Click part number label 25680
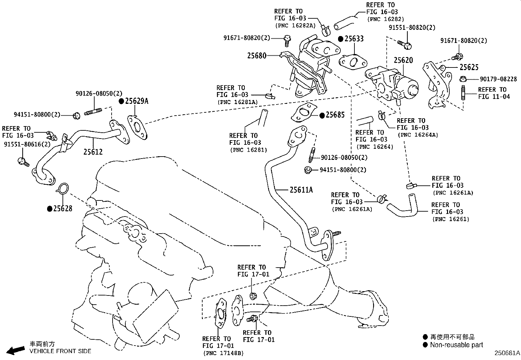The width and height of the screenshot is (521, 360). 257,56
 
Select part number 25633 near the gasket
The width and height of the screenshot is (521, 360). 353,39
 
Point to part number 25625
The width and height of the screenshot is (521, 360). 469,67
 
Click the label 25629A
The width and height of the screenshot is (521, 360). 136,101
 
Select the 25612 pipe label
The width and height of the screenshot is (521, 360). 93,152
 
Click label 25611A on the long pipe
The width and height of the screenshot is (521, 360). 301,189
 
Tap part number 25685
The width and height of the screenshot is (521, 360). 335,115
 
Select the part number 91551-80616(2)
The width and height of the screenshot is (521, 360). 27,144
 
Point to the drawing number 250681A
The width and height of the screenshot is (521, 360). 507,353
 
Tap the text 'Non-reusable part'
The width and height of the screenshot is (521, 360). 456,345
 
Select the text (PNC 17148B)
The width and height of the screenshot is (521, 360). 223,353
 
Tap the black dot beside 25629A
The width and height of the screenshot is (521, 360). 121,101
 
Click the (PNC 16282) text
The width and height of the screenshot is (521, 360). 386,19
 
